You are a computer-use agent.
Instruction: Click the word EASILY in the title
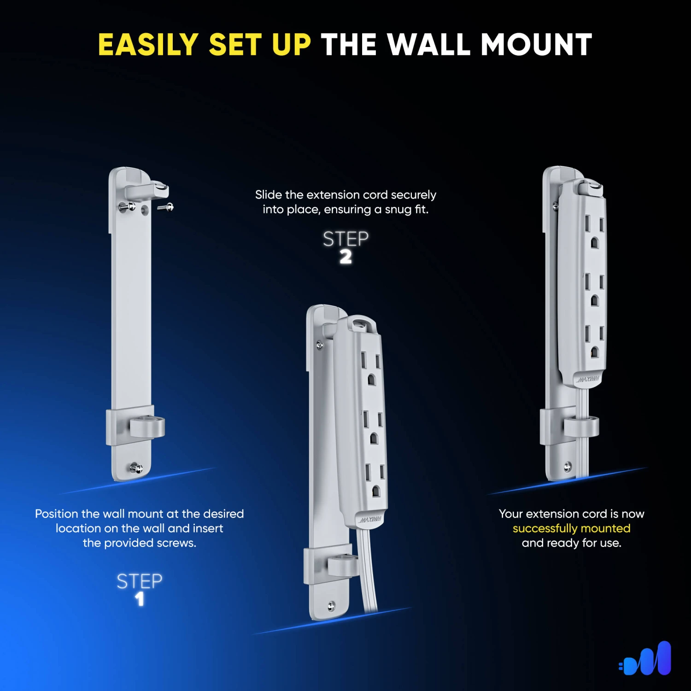pyautogui.click(x=148, y=45)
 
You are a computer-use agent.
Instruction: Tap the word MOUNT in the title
pyautogui.click(x=536, y=45)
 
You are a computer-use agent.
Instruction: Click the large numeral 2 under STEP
pyautogui.click(x=345, y=257)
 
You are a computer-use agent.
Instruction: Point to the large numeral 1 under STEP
pyautogui.click(x=140, y=599)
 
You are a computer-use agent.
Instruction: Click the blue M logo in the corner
pyautogui.click(x=645, y=658)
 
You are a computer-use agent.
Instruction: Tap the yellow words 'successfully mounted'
pyautogui.click(x=571, y=528)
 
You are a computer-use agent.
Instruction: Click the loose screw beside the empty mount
pyautogui.click(x=166, y=208)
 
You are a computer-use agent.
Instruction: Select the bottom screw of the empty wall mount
pyautogui.click(x=136, y=468)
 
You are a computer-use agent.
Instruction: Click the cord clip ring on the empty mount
pyautogui.click(x=147, y=427)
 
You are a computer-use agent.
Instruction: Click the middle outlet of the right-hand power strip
pyautogui.click(x=594, y=289)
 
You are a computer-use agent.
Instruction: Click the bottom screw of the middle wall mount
pyautogui.click(x=331, y=606)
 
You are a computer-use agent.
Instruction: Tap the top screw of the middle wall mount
pyautogui.click(x=320, y=345)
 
